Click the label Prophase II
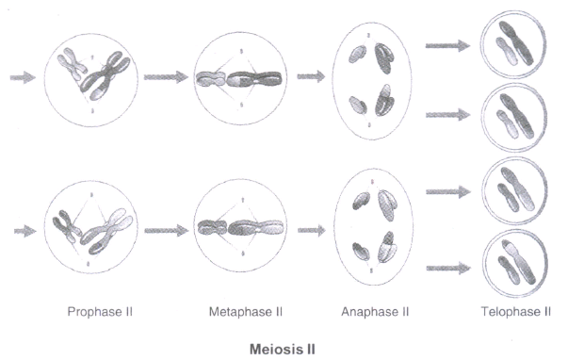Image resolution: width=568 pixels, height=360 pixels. [x=100, y=312]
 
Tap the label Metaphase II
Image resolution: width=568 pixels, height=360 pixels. [x=246, y=312]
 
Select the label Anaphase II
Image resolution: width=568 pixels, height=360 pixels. [x=375, y=312]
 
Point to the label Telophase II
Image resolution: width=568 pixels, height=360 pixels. [x=516, y=312]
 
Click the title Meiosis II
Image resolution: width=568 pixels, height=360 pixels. [x=283, y=350]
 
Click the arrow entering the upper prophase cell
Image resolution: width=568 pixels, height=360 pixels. [x=23, y=77]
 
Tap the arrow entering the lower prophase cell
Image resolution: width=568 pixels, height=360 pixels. [x=25, y=231]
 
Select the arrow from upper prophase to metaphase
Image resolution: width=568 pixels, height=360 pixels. [x=166, y=77]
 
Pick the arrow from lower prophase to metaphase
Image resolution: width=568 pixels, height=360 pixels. [x=167, y=231]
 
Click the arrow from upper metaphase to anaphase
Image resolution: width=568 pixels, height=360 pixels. [x=311, y=76]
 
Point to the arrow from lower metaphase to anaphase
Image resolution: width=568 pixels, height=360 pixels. [x=312, y=230]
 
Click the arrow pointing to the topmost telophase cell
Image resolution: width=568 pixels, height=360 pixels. [x=447, y=45]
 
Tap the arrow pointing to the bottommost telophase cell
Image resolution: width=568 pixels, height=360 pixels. [x=448, y=269]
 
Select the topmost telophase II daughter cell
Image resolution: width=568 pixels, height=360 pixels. [x=513, y=44]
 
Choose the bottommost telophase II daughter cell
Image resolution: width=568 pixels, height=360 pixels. [x=515, y=264]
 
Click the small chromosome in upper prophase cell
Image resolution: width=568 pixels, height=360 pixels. [x=73, y=63]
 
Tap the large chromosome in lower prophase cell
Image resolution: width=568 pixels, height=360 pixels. [x=107, y=231]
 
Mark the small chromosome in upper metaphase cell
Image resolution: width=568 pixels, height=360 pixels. [x=211, y=79]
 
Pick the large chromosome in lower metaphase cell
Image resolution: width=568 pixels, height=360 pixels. [x=255, y=228]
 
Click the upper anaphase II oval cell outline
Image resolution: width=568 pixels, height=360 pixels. [x=333, y=80]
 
